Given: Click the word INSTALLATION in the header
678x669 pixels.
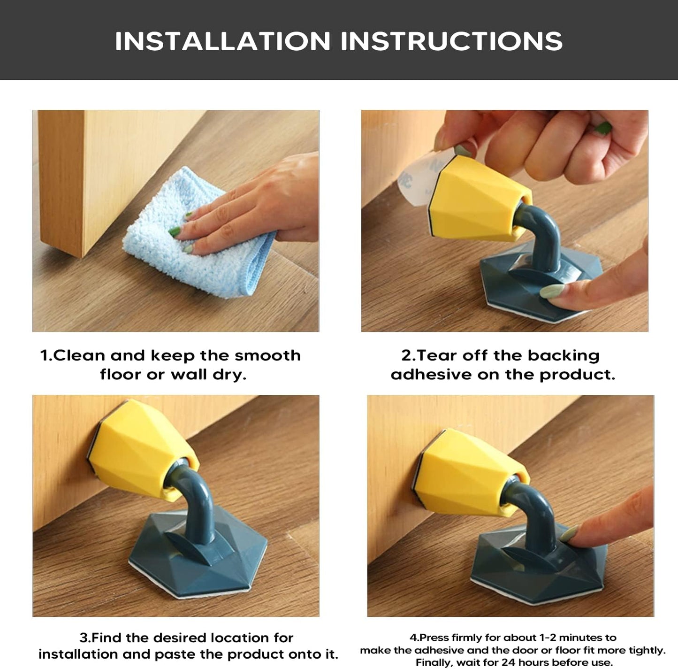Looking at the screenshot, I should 223,41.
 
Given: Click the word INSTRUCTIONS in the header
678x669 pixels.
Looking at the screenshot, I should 451,41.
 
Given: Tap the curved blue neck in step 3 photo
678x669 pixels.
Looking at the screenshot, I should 199,498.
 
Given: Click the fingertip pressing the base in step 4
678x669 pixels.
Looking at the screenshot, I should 570,535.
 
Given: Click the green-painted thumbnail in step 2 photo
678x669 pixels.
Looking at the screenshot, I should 604,128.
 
